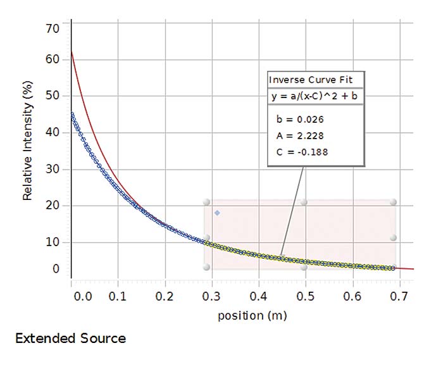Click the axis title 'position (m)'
(x=251, y=315)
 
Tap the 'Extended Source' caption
(x=70, y=339)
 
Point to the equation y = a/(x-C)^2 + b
(x=315, y=96)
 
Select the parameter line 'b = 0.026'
(x=300, y=119)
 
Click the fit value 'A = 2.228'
(x=300, y=135)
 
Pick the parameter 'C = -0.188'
(x=303, y=152)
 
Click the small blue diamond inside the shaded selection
(x=217, y=213)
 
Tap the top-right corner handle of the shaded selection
(x=393, y=202)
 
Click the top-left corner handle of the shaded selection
(x=206, y=202)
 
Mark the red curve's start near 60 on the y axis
(x=72, y=53)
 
